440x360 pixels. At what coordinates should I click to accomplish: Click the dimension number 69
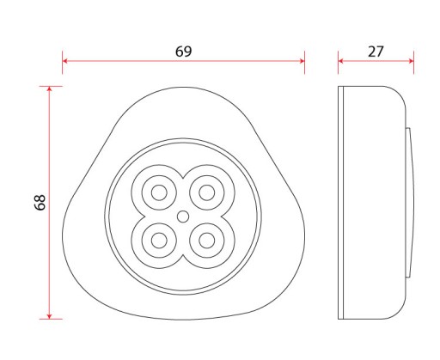[x=183, y=52]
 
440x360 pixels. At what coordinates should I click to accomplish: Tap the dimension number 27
[x=376, y=52]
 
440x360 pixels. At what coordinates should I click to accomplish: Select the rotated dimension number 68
[x=40, y=203]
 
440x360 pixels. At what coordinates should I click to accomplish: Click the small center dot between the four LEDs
[x=183, y=217]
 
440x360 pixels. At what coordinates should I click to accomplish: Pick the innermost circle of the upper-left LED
[x=159, y=192]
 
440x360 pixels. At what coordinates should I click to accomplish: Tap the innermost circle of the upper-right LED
[x=207, y=192]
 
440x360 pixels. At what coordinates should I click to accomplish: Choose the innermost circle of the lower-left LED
[x=159, y=241]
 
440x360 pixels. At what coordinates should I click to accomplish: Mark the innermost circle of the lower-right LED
[x=207, y=241]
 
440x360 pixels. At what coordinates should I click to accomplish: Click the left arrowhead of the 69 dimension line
[x=64, y=61]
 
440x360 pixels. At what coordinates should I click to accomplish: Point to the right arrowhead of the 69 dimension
[x=302, y=61]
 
